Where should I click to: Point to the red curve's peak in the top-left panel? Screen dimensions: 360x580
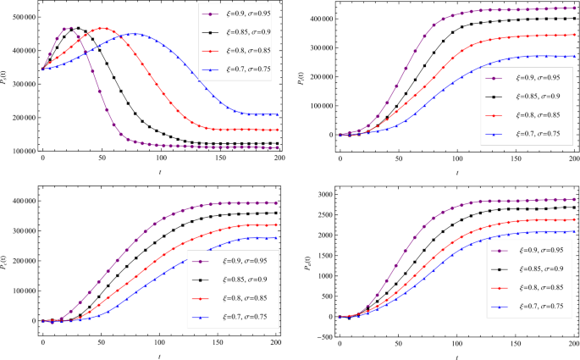pos(102,28)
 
